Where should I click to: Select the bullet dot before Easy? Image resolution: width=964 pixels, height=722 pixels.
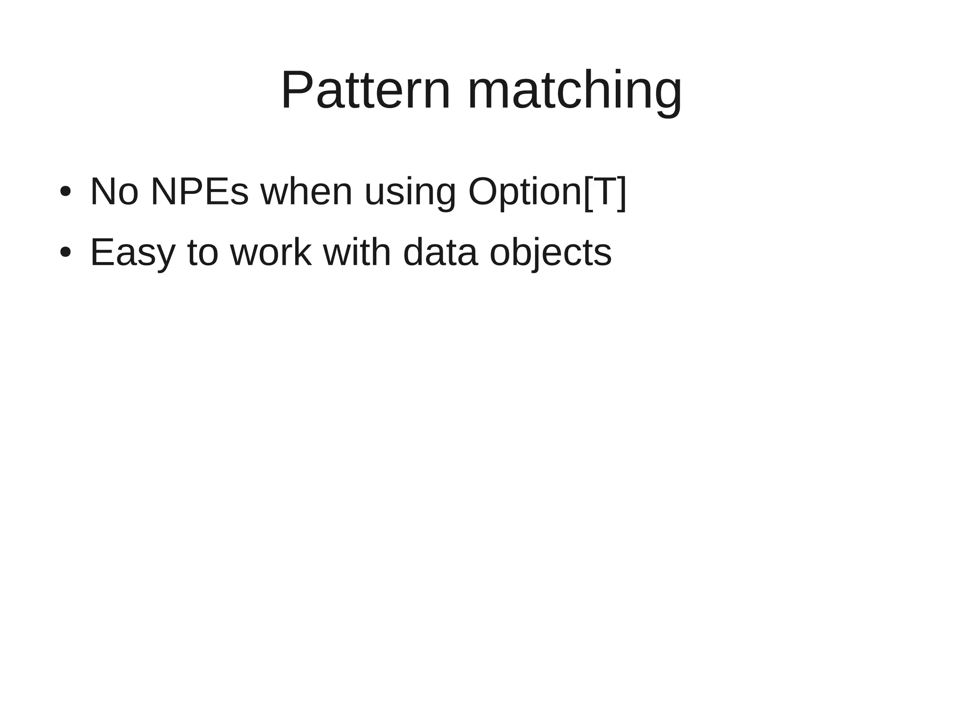[x=65, y=253]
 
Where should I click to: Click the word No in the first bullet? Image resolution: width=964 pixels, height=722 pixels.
[x=114, y=191]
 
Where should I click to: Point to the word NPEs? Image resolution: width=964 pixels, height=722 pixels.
[x=199, y=191]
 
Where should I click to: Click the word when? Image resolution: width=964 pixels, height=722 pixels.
[x=306, y=191]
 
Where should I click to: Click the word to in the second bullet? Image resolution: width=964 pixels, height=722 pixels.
[x=203, y=253]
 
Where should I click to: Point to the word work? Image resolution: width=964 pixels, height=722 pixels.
[x=271, y=253]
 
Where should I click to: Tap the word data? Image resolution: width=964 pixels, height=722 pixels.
[x=440, y=253]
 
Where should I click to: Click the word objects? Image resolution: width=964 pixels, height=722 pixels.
[x=550, y=253]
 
